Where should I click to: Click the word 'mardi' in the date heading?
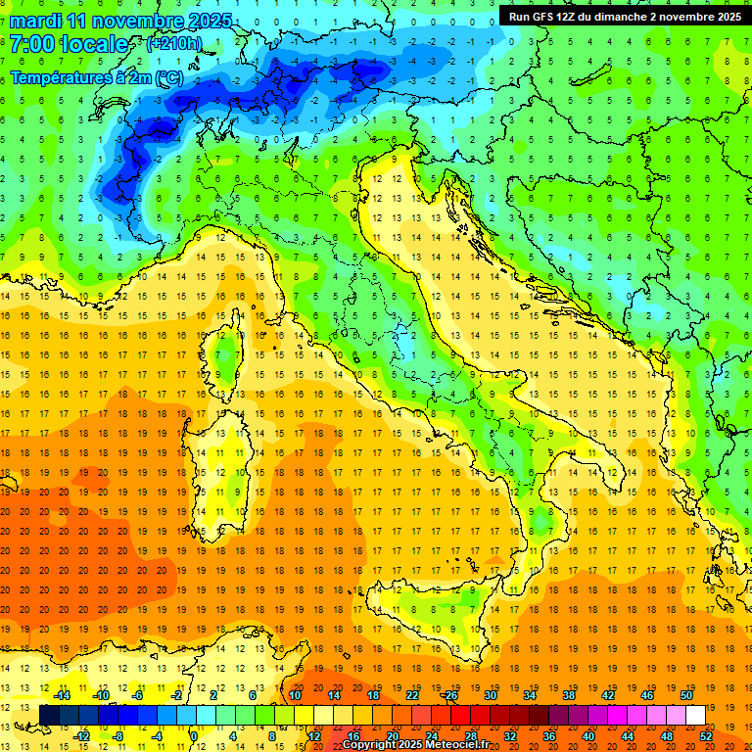(32, 21)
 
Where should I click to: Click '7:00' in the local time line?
(32, 44)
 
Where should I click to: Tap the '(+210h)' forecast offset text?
(173, 43)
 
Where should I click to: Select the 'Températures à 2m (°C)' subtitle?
(96, 77)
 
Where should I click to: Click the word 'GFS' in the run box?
(550, 17)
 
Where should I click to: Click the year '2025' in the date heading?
(211, 21)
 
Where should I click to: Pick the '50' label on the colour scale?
(686, 695)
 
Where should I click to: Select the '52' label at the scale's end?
(706, 735)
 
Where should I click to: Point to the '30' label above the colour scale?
(491, 695)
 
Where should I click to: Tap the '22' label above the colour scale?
(412, 695)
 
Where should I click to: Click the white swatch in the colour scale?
(695, 715)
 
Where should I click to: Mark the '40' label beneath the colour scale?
(588, 735)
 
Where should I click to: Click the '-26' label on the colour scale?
(449, 695)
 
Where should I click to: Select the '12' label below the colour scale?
(314, 735)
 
